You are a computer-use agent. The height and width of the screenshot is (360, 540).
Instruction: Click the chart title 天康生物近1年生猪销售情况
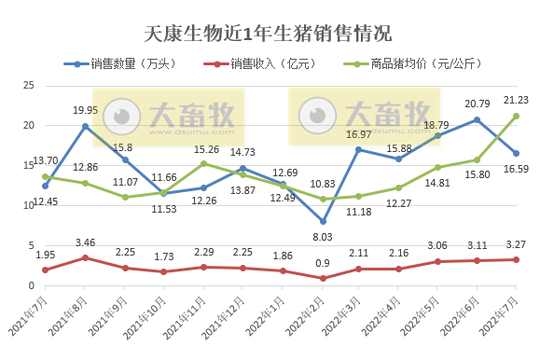tap(270, 35)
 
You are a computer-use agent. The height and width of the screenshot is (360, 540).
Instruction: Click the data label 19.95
tap(85, 110)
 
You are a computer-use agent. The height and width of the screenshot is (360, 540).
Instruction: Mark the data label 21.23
tap(516, 101)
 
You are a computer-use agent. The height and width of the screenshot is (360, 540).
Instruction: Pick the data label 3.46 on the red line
tap(85, 242)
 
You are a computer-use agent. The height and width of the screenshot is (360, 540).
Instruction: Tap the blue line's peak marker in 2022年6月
tap(477, 119)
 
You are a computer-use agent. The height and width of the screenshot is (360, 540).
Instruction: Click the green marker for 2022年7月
tap(516, 116)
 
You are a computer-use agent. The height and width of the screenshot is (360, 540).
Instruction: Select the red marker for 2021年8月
tap(85, 257)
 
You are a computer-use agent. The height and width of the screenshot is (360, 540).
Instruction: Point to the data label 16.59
tap(516, 169)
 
